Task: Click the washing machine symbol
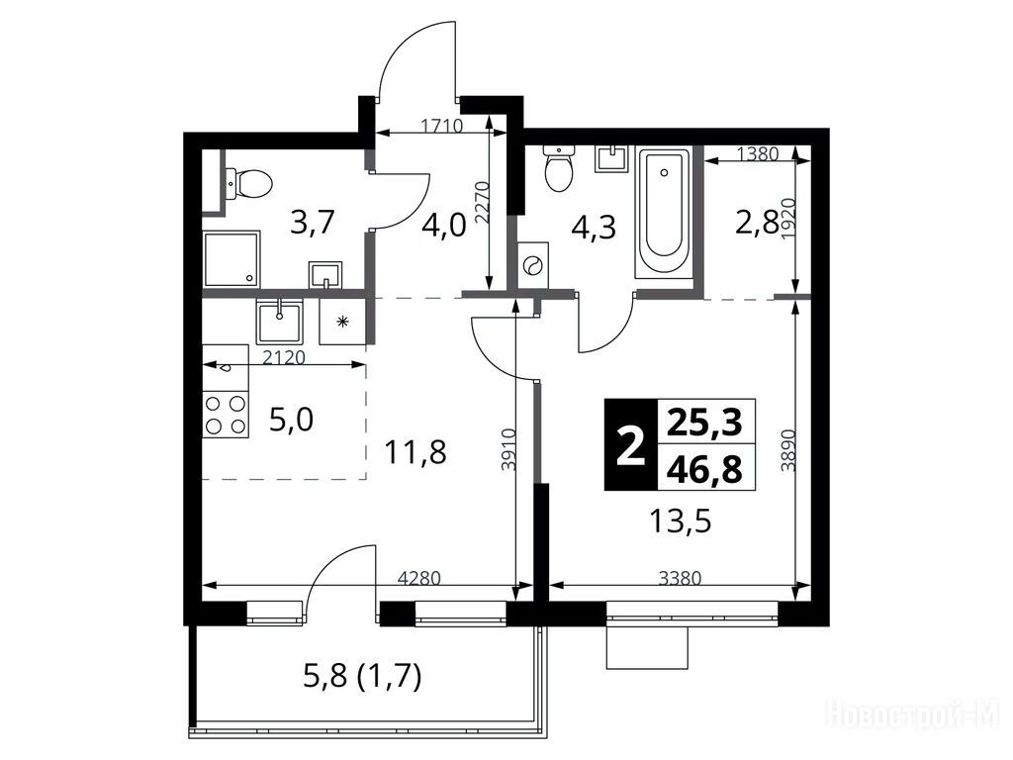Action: pos(533,265)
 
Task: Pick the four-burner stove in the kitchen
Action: pos(226,415)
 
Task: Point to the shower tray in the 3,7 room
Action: pos(232,260)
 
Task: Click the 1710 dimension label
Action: pos(441,126)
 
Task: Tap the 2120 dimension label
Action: pos(284,356)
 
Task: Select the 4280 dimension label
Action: pos(418,578)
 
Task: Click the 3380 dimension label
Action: pos(680,578)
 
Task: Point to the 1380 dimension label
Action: pos(758,153)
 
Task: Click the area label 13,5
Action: pos(680,521)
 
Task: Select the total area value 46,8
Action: pos(704,469)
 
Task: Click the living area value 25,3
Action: pos(704,423)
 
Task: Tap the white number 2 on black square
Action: pos(630,445)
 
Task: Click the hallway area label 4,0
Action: pos(443,228)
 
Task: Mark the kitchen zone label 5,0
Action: pos(292,421)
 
